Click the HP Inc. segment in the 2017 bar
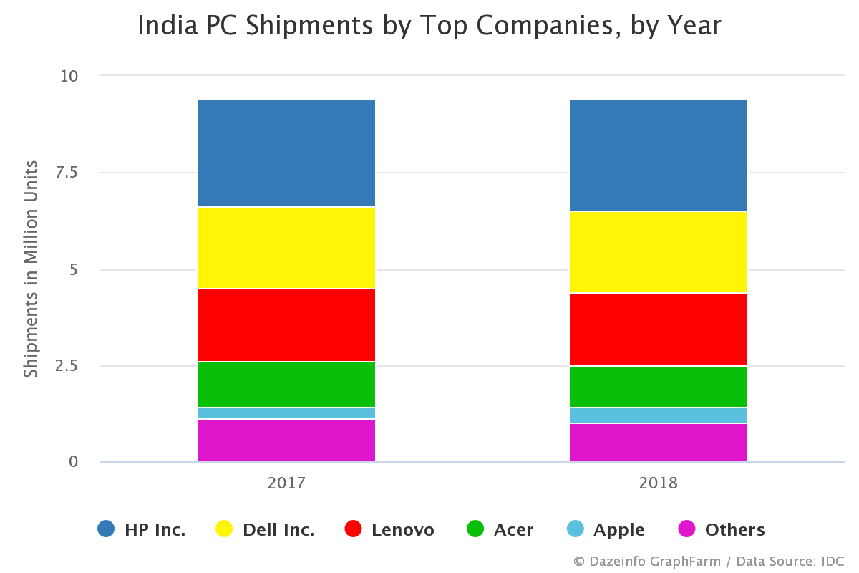coord(286,153)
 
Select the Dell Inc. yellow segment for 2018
coord(658,252)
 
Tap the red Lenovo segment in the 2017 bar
coord(286,325)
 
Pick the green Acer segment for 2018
coord(658,387)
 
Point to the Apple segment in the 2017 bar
coord(286,413)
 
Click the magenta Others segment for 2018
coord(658,443)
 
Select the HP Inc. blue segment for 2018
coord(658,155)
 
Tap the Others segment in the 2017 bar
coord(286,440)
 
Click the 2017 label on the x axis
coord(286,483)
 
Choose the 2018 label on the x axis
coord(658,483)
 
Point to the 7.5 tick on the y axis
coord(69,172)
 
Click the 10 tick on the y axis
coord(69,76)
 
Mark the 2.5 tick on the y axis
coord(69,365)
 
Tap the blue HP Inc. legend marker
coord(106,529)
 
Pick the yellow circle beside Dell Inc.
coord(224,529)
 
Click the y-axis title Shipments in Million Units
coord(31,269)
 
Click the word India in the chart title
coord(160,27)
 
